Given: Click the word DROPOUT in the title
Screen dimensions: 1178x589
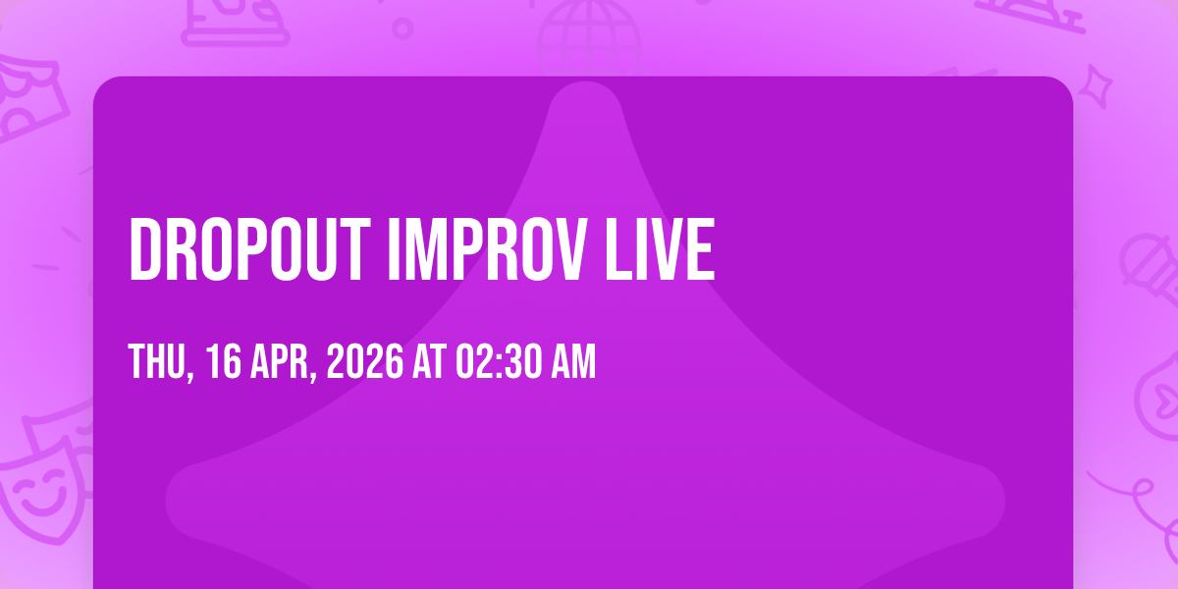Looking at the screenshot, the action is click(249, 249).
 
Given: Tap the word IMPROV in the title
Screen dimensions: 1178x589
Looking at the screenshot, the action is click(485, 249).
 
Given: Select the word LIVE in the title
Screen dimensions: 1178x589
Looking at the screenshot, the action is click(660, 249).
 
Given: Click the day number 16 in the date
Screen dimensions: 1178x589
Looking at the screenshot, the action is click(224, 361).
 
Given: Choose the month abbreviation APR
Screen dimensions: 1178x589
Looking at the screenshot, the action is click(279, 361).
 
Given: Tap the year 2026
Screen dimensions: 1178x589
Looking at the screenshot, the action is click(365, 361).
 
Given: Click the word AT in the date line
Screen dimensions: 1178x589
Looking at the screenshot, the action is click(430, 361).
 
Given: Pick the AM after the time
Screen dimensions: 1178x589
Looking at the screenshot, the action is click(573, 361).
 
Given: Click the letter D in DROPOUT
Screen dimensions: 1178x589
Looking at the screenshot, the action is click(144, 249).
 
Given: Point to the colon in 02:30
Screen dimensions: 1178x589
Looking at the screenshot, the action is click(499, 362).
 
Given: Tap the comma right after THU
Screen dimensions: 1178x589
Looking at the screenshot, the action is click(190, 377).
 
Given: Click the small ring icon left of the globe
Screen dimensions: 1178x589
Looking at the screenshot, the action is click(402, 28).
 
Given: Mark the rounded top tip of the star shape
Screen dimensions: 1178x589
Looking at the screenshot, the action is click(585, 83).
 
